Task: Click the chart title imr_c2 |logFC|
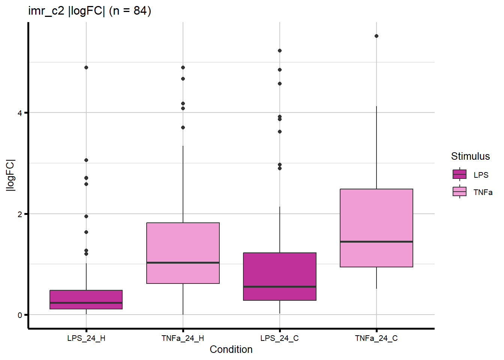click(x=90, y=10)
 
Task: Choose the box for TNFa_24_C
click(x=376, y=217)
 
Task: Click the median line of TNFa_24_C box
click(x=376, y=241)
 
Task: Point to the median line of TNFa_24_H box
click(x=183, y=262)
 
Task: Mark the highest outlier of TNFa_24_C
click(x=376, y=36)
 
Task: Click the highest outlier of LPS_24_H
click(x=86, y=67)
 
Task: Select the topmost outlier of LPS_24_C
click(x=280, y=51)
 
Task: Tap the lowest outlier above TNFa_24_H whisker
click(x=183, y=127)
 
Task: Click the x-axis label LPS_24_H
click(x=86, y=338)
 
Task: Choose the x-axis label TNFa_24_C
click(x=376, y=338)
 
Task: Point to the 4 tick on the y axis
click(x=20, y=112)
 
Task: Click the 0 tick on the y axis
click(x=20, y=315)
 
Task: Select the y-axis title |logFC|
click(x=10, y=175)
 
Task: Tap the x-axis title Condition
click(x=231, y=349)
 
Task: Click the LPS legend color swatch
click(x=460, y=174)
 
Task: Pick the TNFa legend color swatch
click(x=460, y=192)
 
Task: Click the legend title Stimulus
click(x=470, y=156)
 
